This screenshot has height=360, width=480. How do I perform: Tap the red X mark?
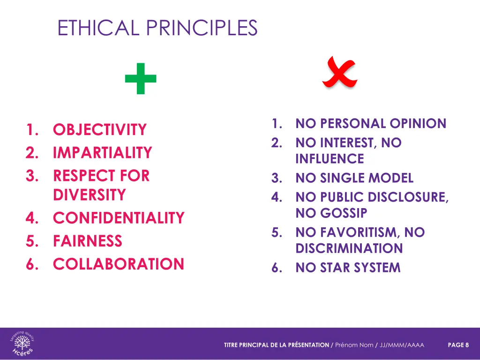339,73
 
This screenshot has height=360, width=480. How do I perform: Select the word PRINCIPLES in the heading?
202,28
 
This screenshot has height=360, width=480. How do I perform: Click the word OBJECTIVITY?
100,129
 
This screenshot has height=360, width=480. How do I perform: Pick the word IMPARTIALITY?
103,153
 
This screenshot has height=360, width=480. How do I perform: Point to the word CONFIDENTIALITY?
119,218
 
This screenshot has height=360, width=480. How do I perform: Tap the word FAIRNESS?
88,241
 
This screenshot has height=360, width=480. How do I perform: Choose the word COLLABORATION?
119,264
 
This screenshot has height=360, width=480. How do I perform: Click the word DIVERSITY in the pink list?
90,195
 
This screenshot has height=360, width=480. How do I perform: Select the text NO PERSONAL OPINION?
371,124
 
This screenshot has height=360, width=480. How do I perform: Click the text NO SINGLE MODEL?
354,178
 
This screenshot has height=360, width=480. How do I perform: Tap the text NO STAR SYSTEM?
348,268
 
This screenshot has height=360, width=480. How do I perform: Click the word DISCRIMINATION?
349,248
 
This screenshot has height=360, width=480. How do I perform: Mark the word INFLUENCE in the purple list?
330,159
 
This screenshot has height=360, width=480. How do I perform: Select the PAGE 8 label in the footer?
458,345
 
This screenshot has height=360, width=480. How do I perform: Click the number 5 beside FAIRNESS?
31,241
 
